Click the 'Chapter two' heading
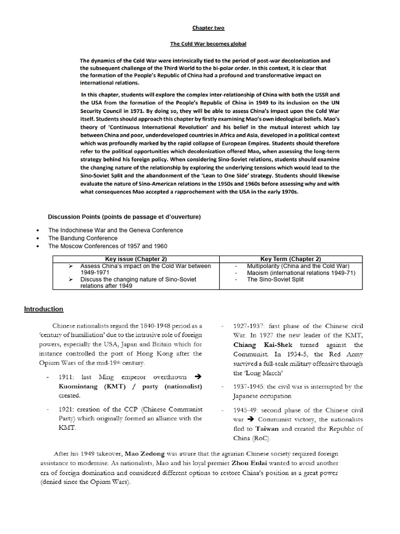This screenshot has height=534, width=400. [x=208, y=28]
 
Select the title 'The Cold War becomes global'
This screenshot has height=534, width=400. [x=208, y=44]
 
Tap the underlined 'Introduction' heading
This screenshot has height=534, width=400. [x=44, y=309]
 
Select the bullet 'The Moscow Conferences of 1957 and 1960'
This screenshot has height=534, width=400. [x=108, y=246]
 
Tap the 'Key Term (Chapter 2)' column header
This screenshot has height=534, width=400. [x=291, y=259]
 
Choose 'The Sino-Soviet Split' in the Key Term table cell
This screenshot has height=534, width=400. [x=274, y=280]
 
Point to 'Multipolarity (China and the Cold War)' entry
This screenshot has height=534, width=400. [x=298, y=266]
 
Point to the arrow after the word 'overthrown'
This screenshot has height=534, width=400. [x=197, y=377]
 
